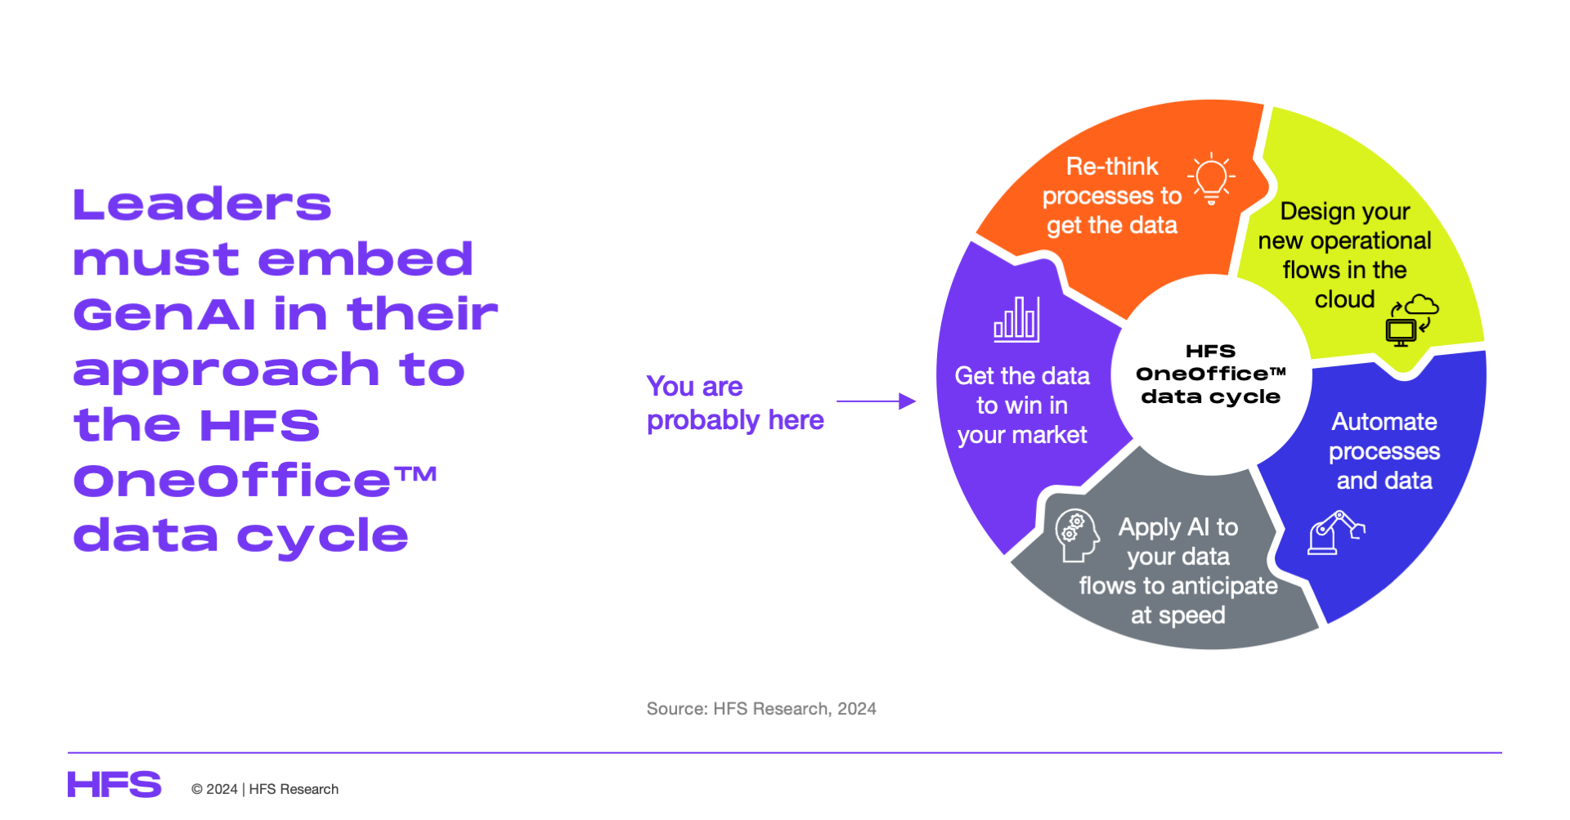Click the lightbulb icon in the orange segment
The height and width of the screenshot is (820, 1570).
(x=1211, y=177)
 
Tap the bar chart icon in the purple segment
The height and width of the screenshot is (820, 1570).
(x=1016, y=319)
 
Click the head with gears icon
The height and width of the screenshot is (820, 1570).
(x=1076, y=535)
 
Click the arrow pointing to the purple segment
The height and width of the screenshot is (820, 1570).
(x=876, y=401)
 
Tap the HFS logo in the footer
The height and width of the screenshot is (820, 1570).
(x=114, y=785)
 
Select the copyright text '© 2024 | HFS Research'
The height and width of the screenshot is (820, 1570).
(x=265, y=789)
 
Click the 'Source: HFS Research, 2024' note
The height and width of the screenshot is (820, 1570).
(x=761, y=709)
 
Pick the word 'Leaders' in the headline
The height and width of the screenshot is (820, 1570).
(x=202, y=204)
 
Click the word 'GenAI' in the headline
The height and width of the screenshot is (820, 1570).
(x=164, y=315)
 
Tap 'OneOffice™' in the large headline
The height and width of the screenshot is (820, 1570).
(x=255, y=481)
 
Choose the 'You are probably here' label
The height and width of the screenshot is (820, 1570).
(x=735, y=403)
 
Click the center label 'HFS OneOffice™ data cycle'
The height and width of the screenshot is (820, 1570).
(x=1211, y=374)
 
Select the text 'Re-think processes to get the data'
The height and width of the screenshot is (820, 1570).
(x=1112, y=196)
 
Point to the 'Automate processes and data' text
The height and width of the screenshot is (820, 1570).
(x=1384, y=451)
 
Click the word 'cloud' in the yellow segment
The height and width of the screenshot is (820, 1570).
(x=1344, y=299)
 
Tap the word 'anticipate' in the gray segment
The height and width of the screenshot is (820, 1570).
(x=1225, y=586)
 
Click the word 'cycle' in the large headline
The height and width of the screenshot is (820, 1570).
(x=323, y=537)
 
